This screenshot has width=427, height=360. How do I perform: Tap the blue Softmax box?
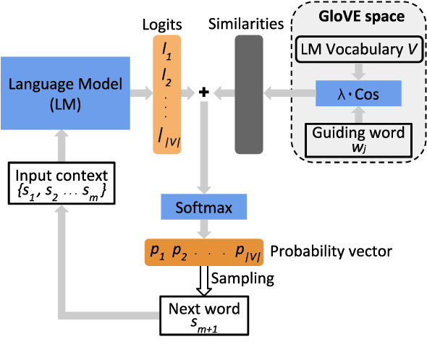tap(206, 207)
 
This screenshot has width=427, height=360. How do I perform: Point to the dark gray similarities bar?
tap(248, 93)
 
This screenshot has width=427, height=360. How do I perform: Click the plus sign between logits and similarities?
tap(205, 92)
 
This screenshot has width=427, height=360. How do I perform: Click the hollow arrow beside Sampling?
tap(206, 280)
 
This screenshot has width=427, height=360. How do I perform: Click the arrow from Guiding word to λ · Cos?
tap(355, 115)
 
